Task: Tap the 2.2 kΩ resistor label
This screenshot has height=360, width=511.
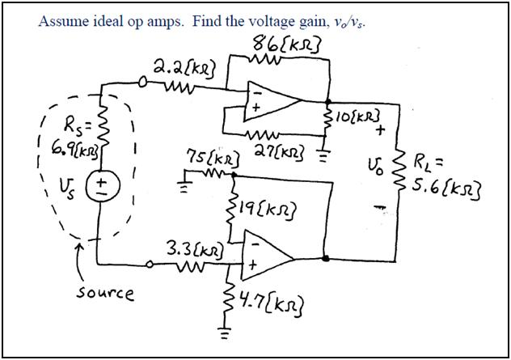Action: (x=181, y=66)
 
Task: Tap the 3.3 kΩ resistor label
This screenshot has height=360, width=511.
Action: (x=193, y=248)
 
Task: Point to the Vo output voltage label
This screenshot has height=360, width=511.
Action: (x=374, y=172)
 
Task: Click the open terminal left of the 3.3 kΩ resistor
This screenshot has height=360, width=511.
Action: (x=151, y=264)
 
